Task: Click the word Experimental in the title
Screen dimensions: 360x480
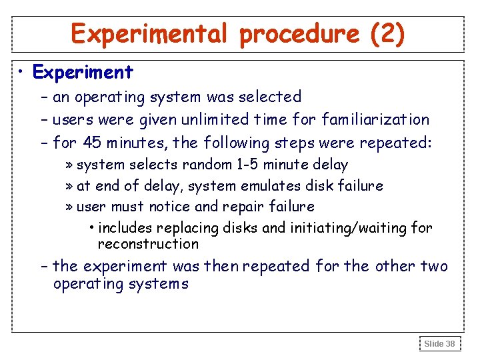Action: coord(151,33)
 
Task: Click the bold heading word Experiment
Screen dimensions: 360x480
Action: coord(83,71)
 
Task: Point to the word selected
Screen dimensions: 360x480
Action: coord(270,97)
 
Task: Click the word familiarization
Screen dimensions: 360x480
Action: coord(376,120)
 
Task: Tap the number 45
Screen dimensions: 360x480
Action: coord(93,143)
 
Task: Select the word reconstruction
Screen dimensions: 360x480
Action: coord(148,244)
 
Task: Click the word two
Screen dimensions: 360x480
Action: coord(434,267)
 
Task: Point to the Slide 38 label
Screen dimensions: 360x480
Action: coord(440,344)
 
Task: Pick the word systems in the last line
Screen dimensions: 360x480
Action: coord(158,284)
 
